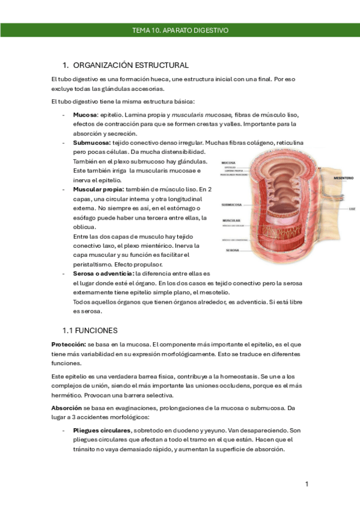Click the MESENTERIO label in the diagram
coord(343,178)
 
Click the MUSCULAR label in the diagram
coord(231,221)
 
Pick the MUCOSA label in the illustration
coord(229,162)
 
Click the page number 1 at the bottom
coord(307,484)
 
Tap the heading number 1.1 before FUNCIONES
coord(69,330)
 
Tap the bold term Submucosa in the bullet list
coord(91,143)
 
